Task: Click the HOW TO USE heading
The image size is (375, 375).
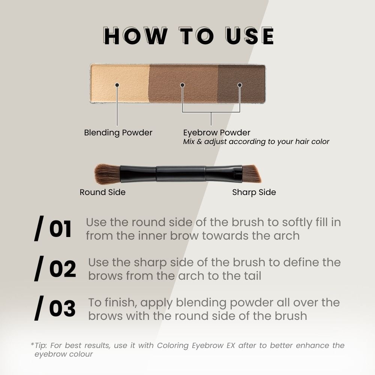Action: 189,36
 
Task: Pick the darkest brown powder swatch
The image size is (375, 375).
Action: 241,75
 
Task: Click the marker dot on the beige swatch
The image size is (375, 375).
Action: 117,85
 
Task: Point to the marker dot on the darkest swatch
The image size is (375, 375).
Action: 240,85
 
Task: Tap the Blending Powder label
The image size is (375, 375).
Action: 118,132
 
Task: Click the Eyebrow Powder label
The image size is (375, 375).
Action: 217,132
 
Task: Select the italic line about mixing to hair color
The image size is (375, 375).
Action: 256,142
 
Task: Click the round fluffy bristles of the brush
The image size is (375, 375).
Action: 106,174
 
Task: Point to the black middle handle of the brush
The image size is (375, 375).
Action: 181,174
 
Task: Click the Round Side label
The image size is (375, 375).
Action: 102,192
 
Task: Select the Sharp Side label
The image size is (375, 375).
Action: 254,192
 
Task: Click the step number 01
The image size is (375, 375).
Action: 60,229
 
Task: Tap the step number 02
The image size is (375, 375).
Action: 62,269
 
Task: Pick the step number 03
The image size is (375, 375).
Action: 62,309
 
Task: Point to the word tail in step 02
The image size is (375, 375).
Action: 250,276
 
